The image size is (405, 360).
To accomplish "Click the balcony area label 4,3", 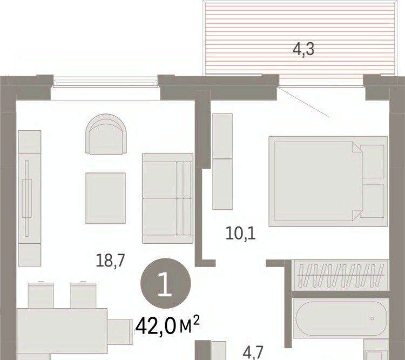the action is [x=303, y=49].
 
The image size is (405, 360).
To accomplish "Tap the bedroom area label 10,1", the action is [x=240, y=234].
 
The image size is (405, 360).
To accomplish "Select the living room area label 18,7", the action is [x=110, y=261].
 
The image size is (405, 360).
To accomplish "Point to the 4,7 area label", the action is [x=253, y=352].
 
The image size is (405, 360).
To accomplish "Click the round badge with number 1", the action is [x=166, y=283].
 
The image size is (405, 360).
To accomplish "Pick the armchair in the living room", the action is [x=106, y=134].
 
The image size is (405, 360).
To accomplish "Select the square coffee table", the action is [x=106, y=198].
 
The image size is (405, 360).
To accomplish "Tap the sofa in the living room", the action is [x=167, y=198].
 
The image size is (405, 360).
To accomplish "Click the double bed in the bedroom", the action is [x=328, y=181].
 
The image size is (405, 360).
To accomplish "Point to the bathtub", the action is [x=341, y=318].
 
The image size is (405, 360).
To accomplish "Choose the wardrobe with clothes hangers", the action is [x=340, y=275].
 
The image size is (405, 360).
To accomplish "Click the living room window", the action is [x=105, y=82].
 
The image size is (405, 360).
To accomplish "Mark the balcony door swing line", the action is [x=303, y=102].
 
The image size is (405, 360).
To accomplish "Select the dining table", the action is [x=62, y=331].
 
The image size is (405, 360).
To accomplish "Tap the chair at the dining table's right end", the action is [x=120, y=331].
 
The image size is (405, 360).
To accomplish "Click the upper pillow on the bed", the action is [x=372, y=162].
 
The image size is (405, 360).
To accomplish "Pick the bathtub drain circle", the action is [x=372, y=318].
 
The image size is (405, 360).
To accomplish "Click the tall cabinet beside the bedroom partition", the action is [x=222, y=162].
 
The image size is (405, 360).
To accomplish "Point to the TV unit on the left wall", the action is [x=30, y=198].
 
